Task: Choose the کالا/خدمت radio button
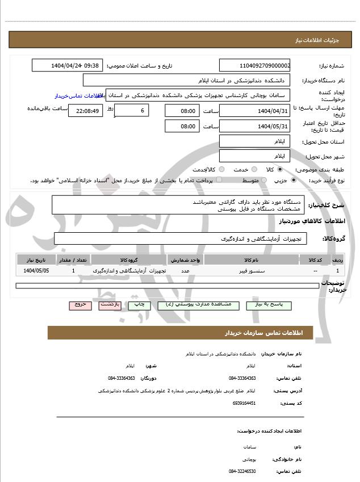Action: pyautogui.click(x=221, y=169)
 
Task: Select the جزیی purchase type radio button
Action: pyautogui.click(x=293, y=180)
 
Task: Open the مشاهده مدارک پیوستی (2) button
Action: pyautogui.click(x=198, y=305)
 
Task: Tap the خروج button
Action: pyautogui.click(x=80, y=305)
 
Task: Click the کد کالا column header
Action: pyautogui.click(x=315, y=259)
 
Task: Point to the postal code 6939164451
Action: pyautogui.click(x=244, y=403)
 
